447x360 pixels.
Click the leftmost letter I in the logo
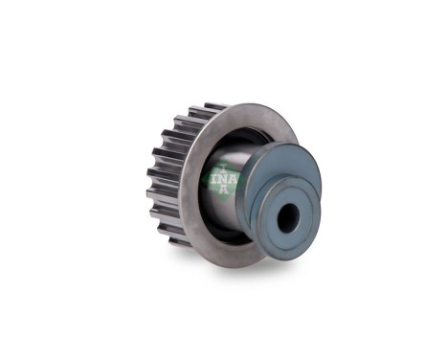point(213,178)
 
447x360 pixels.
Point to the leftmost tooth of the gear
point(150,182)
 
